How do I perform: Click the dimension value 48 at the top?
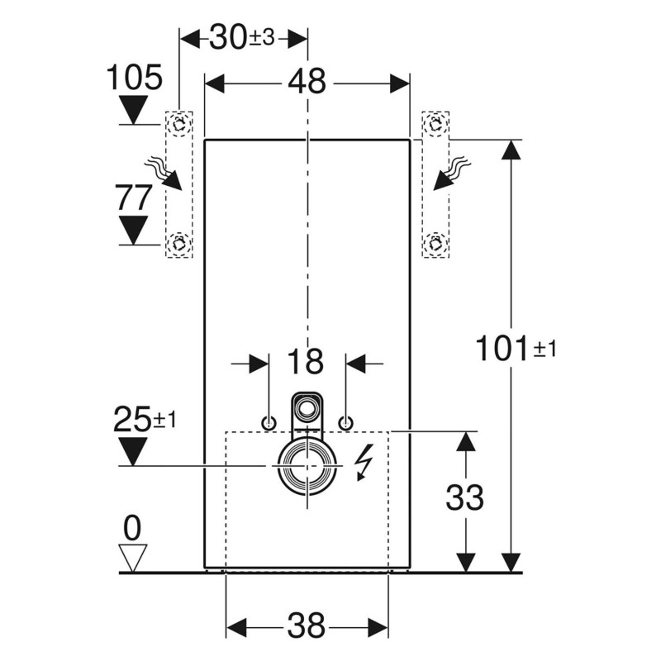coord(307,82)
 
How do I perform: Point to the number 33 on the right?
coord(464,497)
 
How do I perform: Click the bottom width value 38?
coord(307,625)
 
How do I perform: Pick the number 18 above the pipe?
coord(307,362)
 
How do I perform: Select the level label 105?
coord(134,78)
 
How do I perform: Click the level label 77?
coord(132,198)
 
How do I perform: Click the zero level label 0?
coord(133,525)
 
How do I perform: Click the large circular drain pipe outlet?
coord(307,466)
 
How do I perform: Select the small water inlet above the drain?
coord(307,407)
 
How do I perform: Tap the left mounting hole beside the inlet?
coord(269,423)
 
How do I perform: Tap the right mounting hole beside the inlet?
coord(345,423)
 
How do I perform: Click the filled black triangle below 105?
coord(132,108)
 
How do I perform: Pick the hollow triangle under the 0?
coord(133,556)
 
